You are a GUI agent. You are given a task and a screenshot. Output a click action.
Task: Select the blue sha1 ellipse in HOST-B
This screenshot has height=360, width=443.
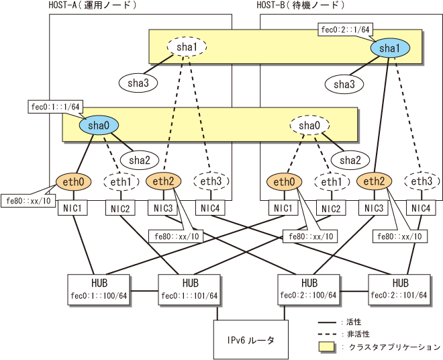(389, 48)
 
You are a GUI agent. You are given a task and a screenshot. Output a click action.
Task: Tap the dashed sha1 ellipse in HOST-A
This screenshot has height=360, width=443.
(187, 47)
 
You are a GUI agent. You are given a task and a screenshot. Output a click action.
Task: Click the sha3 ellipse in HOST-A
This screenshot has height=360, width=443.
(138, 83)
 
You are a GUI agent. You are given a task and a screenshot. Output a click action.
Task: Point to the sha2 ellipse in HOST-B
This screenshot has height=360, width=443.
(350, 159)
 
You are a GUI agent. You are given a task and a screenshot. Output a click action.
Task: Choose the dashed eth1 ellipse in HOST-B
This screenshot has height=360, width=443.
(330, 181)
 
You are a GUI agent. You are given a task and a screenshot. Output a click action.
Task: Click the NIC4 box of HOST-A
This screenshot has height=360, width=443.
(211, 208)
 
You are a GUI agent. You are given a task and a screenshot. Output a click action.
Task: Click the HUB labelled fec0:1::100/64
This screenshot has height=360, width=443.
(93, 287)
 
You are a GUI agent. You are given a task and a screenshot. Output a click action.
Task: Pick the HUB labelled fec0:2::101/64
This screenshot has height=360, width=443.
(401, 287)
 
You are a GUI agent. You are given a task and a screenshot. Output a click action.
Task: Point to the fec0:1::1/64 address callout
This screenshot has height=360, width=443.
(56, 107)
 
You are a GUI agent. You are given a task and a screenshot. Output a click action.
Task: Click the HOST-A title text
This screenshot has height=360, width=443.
(93, 5)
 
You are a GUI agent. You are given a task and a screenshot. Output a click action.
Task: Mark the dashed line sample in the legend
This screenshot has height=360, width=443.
(326, 334)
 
